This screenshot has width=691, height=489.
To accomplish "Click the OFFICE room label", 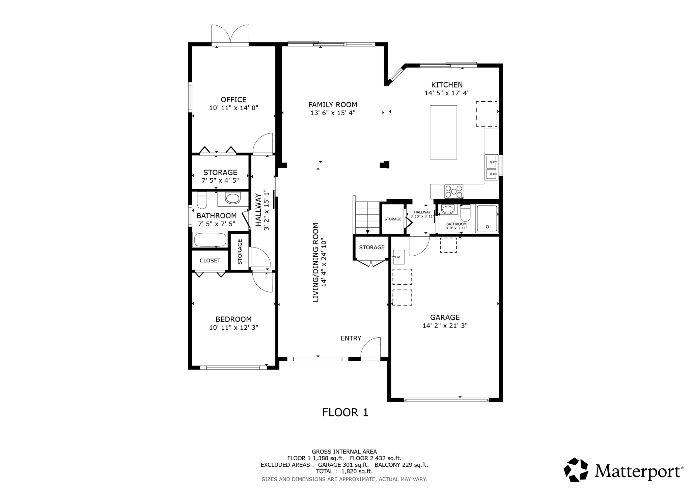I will [x=233, y=100].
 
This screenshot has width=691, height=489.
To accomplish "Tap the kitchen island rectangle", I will [x=443, y=132].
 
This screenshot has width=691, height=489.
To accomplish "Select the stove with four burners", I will [x=453, y=191].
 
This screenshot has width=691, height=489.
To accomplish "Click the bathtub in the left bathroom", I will [x=210, y=240].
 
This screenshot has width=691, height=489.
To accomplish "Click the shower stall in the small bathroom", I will [x=487, y=218].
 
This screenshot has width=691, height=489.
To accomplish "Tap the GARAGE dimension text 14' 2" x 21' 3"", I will [x=445, y=326].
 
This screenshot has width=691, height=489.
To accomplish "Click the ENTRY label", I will [x=351, y=338].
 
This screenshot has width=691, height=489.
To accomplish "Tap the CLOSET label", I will [x=210, y=261].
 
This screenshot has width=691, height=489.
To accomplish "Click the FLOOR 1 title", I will [x=345, y=413].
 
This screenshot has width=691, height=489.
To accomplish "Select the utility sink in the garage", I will [x=399, y=257].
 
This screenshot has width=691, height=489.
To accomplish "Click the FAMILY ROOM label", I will [x=333, y=105].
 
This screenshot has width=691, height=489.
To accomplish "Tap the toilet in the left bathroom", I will [x=202, y=201].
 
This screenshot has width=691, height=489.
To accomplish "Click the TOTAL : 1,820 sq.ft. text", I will [x=344, y=471].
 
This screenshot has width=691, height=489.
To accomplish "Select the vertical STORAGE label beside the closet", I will [x=240, y=252].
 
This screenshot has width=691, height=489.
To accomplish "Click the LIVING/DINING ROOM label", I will [x=316, y=262].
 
